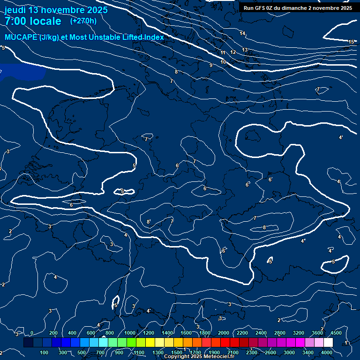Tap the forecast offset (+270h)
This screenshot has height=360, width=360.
click(83, 21)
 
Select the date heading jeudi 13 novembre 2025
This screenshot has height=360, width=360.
click(56, 9)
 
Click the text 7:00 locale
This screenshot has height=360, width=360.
click(33, 21)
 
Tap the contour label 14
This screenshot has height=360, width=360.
click(242, 33)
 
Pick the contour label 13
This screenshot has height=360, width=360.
click(245, 50)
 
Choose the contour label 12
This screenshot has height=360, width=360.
click(233, 52)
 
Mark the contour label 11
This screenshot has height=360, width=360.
click(223, 52)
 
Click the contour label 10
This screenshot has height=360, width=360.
click(223, 62)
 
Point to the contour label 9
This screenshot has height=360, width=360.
click(211, 65)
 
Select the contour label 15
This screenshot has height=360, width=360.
click(351, 42)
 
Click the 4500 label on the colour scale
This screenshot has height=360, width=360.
click(336, 333)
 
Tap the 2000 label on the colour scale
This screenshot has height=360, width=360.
click(224, 333)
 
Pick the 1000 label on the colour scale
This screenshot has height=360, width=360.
click(130, 333)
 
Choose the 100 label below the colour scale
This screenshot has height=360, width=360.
click(45, 352)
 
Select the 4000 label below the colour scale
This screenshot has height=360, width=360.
click(327, 352)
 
